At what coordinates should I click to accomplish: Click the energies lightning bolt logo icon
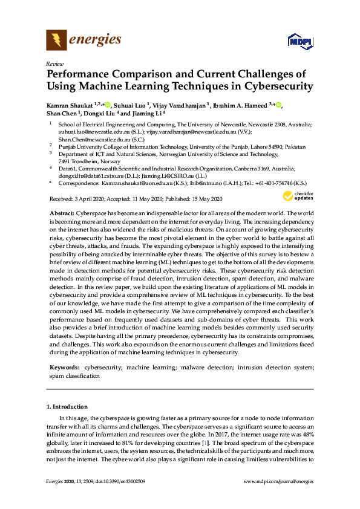coord(56,41)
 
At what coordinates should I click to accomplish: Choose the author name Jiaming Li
coord(146,113)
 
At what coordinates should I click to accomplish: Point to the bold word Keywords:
coord(64,367)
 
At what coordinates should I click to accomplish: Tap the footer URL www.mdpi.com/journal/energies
coord(278,481)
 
